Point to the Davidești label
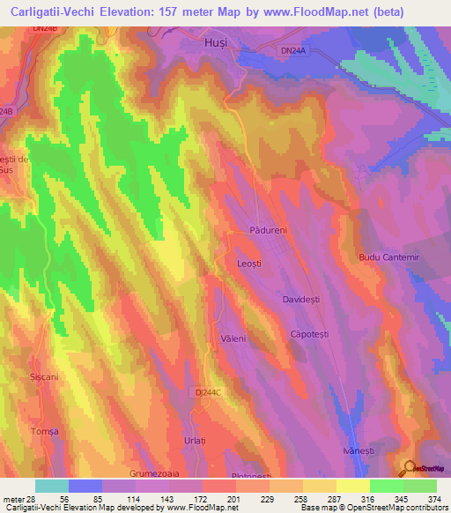[x=304, y=301]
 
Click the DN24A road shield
[x=292, y=52]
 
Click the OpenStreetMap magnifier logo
[x=410, y=467]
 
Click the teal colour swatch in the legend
[x=51, y=486]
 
